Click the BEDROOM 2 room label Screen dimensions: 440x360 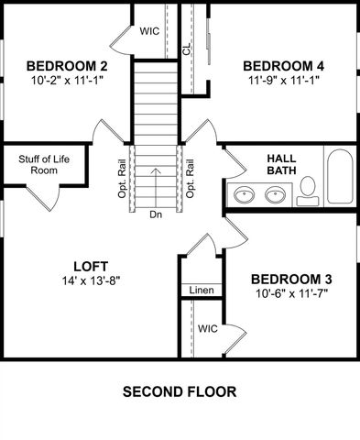click(x=67, y=66)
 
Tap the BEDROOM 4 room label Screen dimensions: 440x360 click(x=283, y=66)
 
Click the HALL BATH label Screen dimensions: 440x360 click(x=281, y=164)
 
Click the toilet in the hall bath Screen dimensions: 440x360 click(x=308, y=190)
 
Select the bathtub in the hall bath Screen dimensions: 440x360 click(x=338, y=178)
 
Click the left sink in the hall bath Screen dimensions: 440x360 click(x=245, y=194)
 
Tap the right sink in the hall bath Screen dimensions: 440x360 click(x=275, y=194)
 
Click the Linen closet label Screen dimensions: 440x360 click(x=202, y=291)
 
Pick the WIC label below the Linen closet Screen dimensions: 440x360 click(x=207, y=328)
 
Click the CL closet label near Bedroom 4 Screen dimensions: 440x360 click(x=187, y=49)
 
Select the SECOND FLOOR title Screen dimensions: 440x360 click(x=180, y=391)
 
